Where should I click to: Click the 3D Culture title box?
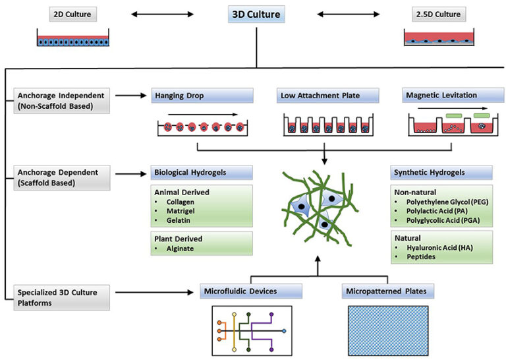[x=256, y=14]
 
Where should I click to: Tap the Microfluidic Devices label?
[x=251, y=290]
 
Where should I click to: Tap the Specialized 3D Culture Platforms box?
[x=57, y=296]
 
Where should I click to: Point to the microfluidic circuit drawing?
[x=250, y=330]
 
